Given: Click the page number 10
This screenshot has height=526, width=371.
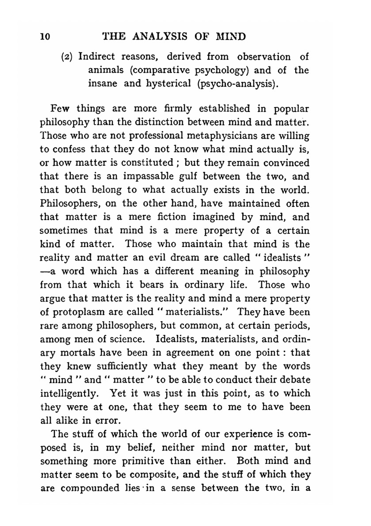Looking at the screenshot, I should [45, 36].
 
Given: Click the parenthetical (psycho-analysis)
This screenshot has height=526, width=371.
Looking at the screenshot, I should [235, 83].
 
